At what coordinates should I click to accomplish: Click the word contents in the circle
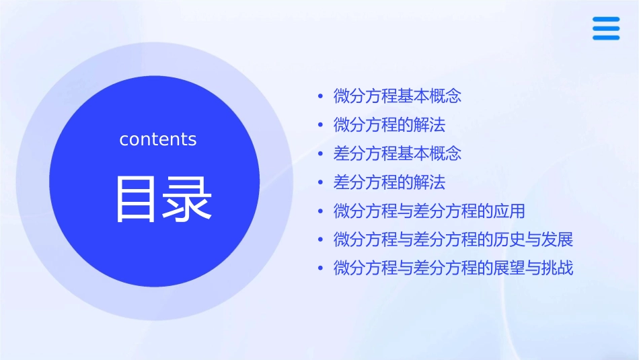[158, 139]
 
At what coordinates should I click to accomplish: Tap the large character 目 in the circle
[137, 199]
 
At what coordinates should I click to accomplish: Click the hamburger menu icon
[606, 29]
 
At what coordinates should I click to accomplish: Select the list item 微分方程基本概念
[398, 96]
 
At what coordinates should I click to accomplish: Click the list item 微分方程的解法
[389, 125]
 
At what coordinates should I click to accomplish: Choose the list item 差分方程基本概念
[398, 153]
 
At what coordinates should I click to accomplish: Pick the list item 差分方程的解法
[389, 182]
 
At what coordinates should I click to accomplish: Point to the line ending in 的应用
[429, 211]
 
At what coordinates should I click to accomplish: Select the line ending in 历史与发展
[453, 240]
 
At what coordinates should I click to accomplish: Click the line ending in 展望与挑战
[453, 268]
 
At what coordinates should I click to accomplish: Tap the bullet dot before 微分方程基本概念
[321, 97]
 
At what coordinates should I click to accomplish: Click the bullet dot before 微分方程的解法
[321, 125]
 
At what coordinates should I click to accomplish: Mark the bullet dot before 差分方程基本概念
[321, 154]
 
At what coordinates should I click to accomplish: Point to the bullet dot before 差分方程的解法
[321, 183]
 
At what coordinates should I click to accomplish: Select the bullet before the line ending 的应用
[321, 211]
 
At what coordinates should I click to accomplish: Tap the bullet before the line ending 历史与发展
[321, 240]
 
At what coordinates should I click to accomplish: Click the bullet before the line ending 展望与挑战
[321, 269]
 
